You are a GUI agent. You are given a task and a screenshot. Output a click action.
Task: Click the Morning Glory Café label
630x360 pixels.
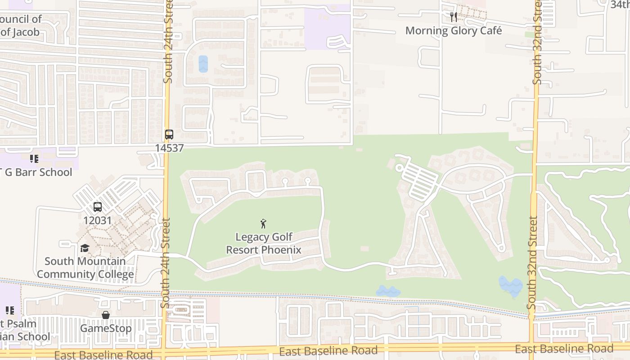[x=453, y=31]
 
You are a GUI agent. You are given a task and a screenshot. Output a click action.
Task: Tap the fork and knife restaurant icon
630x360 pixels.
[x=454, y=17]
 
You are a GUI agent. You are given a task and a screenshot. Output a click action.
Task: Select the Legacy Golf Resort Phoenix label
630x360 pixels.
[x=264, y=243]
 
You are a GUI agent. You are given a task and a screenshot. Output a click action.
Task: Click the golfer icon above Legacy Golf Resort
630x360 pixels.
[x=264, y=223]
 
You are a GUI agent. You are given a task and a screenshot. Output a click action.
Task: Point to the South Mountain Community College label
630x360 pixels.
[x=85, y=268]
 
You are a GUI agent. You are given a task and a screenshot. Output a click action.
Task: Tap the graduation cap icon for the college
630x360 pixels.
[x=85, y=248]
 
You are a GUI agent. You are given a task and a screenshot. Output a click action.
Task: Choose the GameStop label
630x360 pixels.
[x=106, y=328]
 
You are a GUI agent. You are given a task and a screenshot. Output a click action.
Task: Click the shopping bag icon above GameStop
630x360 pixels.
[x=106, y=315]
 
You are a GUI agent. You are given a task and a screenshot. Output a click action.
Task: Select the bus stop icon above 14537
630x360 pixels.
[x=169, y=135]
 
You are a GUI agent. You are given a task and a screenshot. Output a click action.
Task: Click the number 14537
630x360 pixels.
[x=169, y=148]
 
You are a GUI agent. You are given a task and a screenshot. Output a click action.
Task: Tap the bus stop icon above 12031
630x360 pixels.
[x=98, y=207]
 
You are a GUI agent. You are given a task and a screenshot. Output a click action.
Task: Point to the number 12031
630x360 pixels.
[x=98, y=220]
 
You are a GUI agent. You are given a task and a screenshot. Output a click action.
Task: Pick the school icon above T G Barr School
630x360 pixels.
[x=34, y=158]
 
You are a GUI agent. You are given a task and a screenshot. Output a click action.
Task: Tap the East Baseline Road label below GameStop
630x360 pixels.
[x=103, y=355]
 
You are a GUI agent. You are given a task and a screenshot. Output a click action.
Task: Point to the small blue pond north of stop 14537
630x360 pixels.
[x=203, y=64]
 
